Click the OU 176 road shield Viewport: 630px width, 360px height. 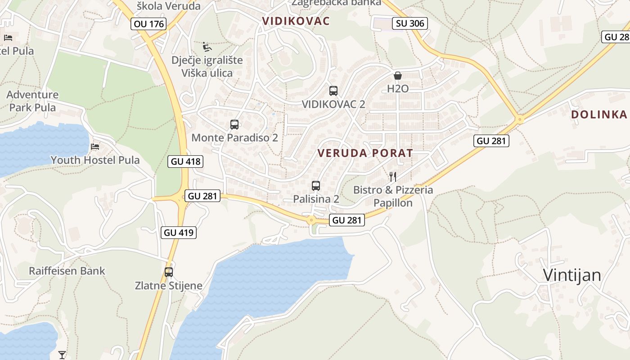pyautogui.click(x=149, y=24)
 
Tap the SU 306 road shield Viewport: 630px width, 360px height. pyautogui.click(x=410, y=23)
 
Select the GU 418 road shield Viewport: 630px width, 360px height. pyautogui.click(x=185, y=162)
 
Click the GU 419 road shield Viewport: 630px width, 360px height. pyautogui.click(x=179, y=233)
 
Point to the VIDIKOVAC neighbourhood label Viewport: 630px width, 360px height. pyautogui.click(x=296, y=21)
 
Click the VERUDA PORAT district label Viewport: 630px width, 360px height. pyautogui.click(x=365, y=153)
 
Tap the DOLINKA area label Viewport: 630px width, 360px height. pyautogui.click(x=598, y=114)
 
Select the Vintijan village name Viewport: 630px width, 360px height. pyautogui.click(x=572, y=275)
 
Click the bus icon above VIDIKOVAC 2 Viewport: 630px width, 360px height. pyautogui.click(x=333, y=91)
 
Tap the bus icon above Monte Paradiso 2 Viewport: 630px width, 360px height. pyautogui.click(x=234, y=125)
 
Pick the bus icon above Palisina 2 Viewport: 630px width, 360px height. pyautogui.click(x=316, y=185)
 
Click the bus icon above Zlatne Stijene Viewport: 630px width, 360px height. pyautogui.click(x=169, y=272)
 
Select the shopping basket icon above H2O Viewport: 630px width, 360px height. pyautogui.click(x=398, y=76)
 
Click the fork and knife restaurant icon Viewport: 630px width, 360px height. pyautogui.click(x=393, y=176)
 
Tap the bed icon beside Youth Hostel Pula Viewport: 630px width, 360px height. pyautogui.click(x=95, y=147)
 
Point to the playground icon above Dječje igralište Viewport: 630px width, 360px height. pyautogui.click(x=207, y=47)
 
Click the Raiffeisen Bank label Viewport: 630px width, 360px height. pyautogui.click(x=67, y=271)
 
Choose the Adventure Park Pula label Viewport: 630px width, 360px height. pyautogui.click(x=32, y=101)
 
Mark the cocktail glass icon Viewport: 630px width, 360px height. pyautogui.click(x=62, y=355)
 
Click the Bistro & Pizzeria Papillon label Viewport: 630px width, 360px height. pyautogui.click(x=393, y=197)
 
